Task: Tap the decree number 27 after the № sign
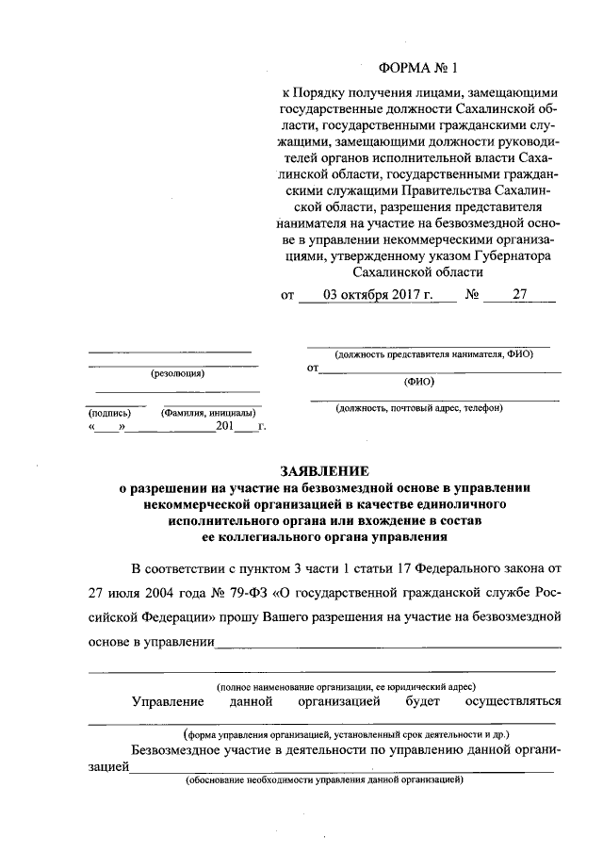coord(519,294)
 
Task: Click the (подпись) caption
coord(109,413)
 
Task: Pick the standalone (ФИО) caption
coord(418,383)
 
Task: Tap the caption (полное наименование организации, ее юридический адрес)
coord(346,687)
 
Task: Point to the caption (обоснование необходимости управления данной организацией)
coord(324,781)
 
